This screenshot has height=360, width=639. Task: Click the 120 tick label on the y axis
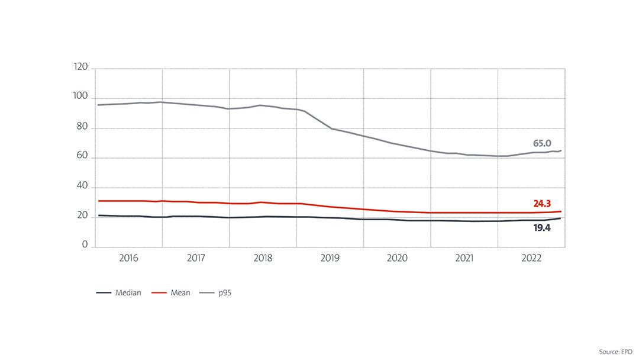click(x=81, y=67)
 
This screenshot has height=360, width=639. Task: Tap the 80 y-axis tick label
click(x=82, y=127)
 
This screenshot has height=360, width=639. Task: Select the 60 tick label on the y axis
click(x=82, y=156)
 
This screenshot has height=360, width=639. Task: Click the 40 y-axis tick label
click(x=82, y=186)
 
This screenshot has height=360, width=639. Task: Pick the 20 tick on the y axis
click(x=82, y=216)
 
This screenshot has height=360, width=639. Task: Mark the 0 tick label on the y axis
click(x=85, y=245)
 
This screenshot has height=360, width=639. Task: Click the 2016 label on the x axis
click(x=128, y=259)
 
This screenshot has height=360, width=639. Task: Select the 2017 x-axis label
click(x=196, y=259)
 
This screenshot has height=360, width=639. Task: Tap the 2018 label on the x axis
click(x=263, y=259)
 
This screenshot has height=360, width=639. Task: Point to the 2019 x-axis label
click(x=330, y=259)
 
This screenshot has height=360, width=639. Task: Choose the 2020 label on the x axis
click(x=397, y=259)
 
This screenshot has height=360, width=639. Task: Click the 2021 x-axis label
click(x=464, y=259)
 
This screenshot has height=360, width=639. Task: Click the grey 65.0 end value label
click(x=541, y=143)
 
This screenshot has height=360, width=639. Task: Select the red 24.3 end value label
click(x=542, y=204)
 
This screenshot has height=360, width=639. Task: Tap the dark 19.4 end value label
click(x=542, y=227)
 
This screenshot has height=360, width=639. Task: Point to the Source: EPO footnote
click(x=616, y=352)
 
